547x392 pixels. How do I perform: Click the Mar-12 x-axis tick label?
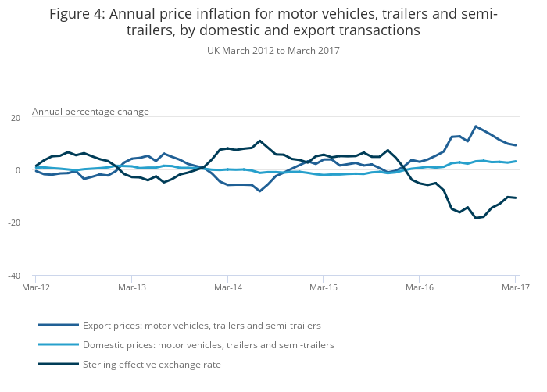point(36,288)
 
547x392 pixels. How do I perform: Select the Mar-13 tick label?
point(131,288)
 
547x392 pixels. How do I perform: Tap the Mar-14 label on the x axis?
point(227,288)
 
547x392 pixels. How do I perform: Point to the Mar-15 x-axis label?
point(324,288)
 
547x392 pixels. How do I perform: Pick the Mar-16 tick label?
point(420,288)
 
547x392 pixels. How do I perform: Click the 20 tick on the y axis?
point(15,117)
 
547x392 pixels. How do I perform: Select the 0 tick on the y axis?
point(17,170)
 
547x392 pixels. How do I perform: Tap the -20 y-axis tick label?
point(13,223)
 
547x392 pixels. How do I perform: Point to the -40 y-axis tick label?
point(13,276)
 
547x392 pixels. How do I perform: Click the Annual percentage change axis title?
point(90,112)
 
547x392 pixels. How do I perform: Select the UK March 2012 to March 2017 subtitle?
point(273,51)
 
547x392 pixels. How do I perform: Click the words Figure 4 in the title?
point(77,14)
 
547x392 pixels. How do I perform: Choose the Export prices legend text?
point(202,326)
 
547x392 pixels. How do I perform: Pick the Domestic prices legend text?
point(208,345)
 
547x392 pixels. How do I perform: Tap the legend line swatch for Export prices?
point(58,325)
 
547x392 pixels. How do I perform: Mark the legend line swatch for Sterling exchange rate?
point(58,364)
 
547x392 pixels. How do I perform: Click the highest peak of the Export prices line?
point(475,126)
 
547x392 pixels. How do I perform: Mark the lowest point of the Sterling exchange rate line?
point(475,218)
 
